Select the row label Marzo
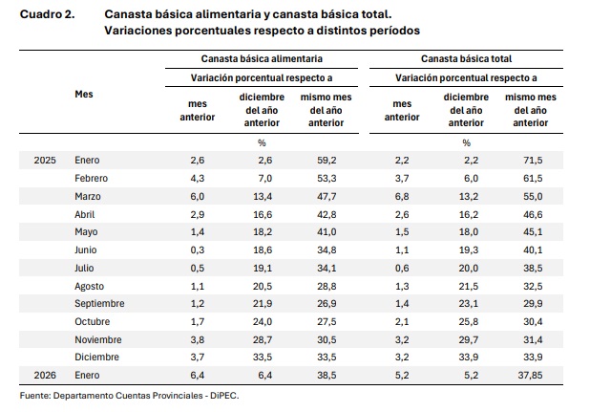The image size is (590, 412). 89,196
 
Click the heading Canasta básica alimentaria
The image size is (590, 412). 256,58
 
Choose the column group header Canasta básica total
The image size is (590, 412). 466,58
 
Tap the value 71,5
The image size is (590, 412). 532,160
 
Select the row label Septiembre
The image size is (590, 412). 100,303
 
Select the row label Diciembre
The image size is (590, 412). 96,357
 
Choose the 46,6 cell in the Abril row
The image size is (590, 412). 532,214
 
